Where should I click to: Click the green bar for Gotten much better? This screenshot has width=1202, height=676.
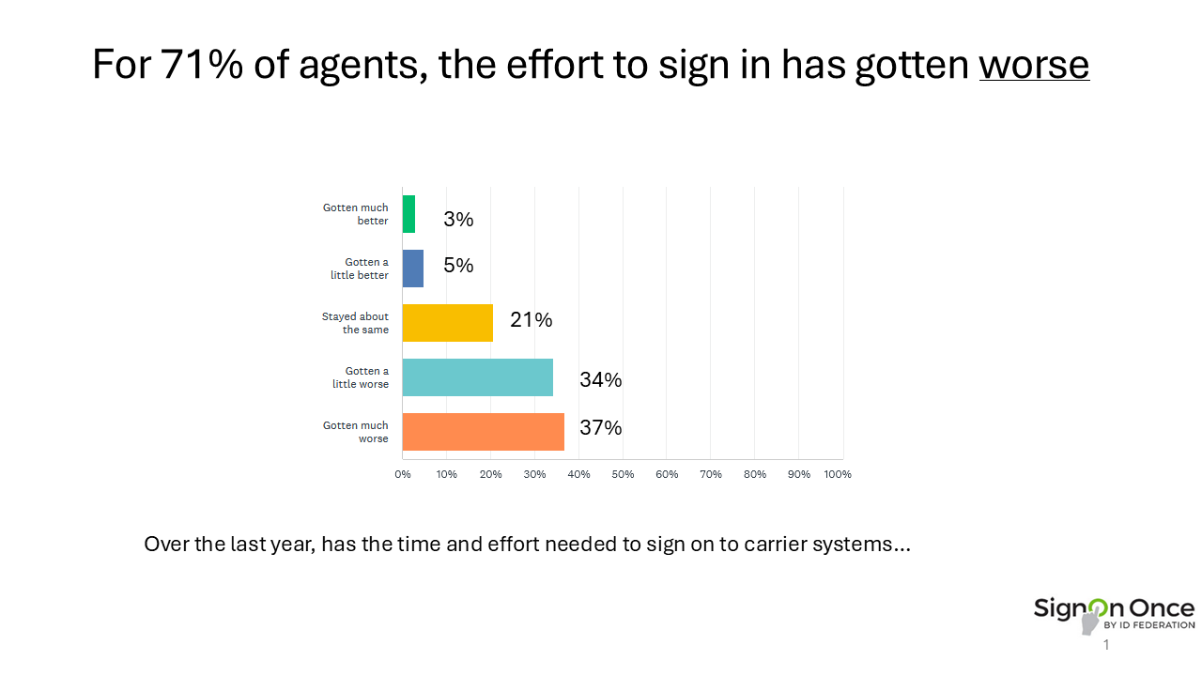click(408, 214)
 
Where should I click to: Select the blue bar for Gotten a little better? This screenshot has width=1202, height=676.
click(413, 269)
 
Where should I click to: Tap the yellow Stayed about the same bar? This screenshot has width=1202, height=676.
click(447, 323)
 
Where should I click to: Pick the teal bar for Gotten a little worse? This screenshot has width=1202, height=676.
click(477, 377)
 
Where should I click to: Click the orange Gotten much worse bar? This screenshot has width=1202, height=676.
click(483, 432)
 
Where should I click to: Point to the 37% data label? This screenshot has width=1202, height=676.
click(601, 428)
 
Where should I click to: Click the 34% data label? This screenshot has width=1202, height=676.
click(601, 380)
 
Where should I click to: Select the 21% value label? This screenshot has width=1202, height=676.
click(532, 320)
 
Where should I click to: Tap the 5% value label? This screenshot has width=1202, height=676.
click(458, 266)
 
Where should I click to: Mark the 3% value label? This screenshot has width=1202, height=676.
click(458, 220)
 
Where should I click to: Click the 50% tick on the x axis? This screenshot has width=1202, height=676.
click(623, 474)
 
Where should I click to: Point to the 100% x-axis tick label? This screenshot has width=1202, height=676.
click(837, 474)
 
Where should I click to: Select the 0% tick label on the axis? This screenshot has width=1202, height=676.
click(403, 474)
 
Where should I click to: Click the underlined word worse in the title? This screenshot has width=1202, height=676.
click(1034, 64)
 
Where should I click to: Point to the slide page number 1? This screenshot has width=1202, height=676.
click(1106, 645)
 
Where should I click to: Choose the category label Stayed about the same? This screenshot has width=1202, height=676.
click(355, 323)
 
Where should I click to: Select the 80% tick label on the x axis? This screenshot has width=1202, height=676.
click(755, 474)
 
